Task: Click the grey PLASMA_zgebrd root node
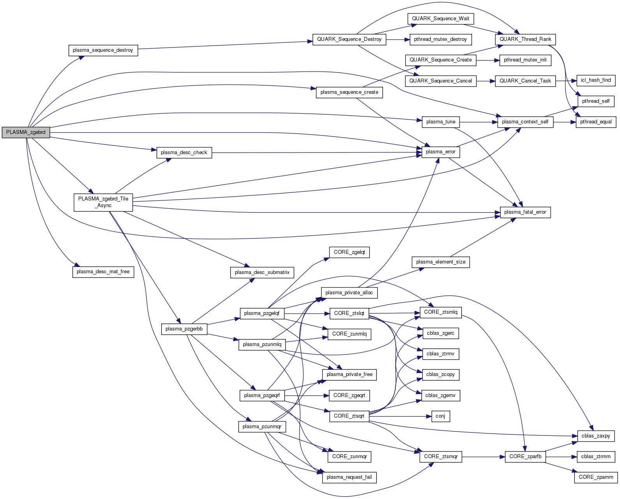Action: pos(26,132)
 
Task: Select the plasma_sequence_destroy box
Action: pos(103,50)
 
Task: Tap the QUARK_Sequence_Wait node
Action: pos(440,19)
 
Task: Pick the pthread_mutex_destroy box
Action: pos(440,39)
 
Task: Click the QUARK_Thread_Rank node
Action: pos(525,39)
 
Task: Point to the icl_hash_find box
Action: pos(595,80)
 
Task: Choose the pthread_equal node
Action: pos(596,122)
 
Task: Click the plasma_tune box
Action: pos(440,122)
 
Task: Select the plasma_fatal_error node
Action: pos(525,212)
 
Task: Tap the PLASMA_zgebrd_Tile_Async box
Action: pos(103,202)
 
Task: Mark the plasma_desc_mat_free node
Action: pos(103,272)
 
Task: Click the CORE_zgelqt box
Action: pos(349,252)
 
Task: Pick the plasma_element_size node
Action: pos(440,262)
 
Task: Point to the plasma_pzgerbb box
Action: pos(184,329)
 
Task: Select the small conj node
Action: pos(440,416)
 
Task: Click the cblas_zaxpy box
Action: pos(595,436)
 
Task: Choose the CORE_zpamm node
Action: pos(595,477)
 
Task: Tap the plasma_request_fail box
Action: pos(349,477)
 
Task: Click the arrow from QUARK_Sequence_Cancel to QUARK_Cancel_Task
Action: pos(486,81)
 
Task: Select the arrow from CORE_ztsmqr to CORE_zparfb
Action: pos(483,457)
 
